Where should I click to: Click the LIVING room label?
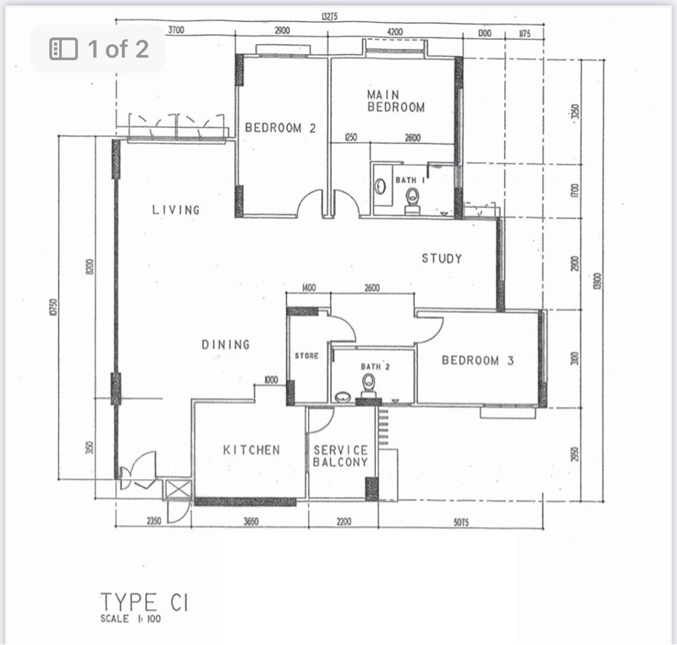[176, 209]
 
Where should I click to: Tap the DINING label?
[226, 345]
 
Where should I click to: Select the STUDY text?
[442, 258]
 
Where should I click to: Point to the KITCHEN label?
[251, 449]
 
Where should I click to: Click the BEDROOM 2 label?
[280, 128]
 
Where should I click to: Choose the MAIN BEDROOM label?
[395, 101]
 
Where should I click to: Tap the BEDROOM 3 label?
[478, 360]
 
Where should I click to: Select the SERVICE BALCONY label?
[340, 456]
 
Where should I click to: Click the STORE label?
[306, 356]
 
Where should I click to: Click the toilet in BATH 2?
[369, 385]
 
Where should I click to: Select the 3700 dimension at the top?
[177, 31]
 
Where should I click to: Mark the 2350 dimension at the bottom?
[152, 522]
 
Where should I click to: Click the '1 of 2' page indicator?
[100, 48]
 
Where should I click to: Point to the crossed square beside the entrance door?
[179, 488]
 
